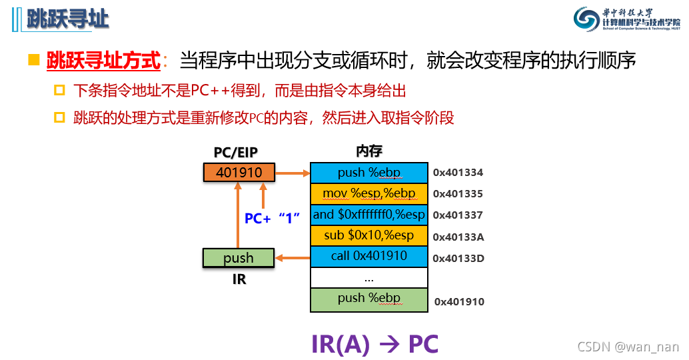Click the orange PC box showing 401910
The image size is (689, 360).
tap(239, 173)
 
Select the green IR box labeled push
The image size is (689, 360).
tap(239, 258)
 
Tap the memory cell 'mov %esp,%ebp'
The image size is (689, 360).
tap(368, 194)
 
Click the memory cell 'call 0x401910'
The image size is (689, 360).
tap(368, 257)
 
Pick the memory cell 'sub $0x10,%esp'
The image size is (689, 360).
tap(368, 235)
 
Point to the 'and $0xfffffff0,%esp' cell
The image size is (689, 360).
tap(368, 215)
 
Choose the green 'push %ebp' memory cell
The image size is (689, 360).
tap(368, 299)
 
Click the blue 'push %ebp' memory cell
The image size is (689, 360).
tap(368, 173)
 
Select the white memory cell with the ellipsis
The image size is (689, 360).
tap(368, 278)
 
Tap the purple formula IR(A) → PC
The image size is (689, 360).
tap(374, 343)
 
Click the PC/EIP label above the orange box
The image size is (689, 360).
tap(238, 153)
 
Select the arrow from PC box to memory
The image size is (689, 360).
tap(293, 173)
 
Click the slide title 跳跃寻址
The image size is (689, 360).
tap(67, 19)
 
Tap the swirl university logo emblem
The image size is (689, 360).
tap(587, 19)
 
